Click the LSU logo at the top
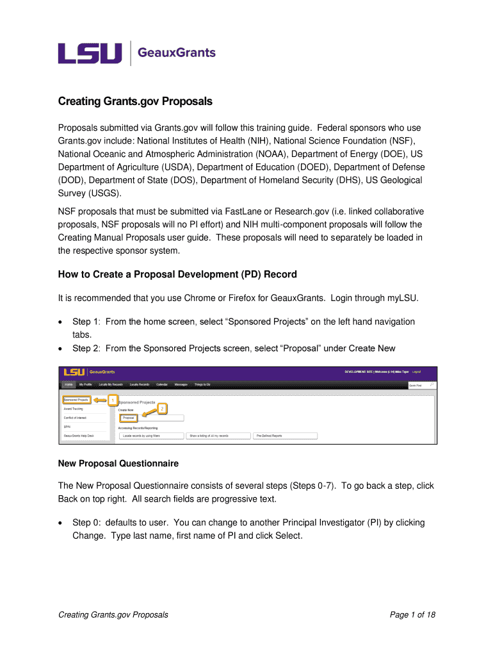90,53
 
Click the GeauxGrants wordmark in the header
177,53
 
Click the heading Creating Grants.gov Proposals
135,102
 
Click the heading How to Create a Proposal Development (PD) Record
177,274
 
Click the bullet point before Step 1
61,322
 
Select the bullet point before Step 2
61,348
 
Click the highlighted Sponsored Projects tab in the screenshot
76,400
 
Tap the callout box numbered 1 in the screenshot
113,400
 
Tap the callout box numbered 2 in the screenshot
162,408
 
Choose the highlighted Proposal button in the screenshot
128,418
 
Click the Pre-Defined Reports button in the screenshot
285,436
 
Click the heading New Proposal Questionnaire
118,463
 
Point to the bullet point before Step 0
61,523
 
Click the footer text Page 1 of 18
412,615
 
